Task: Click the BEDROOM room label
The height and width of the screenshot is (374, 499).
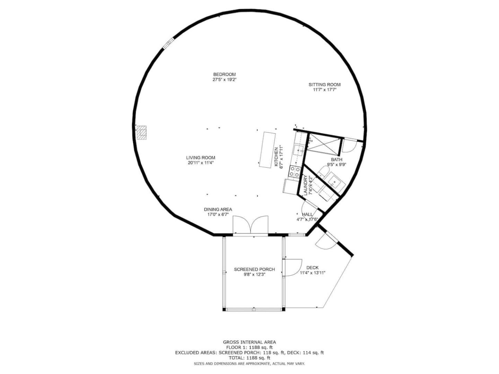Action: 225,74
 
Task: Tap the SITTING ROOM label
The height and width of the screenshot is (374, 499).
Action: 324,85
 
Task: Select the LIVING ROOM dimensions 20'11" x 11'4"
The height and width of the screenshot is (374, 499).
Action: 201,163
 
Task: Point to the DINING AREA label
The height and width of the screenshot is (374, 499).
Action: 218,210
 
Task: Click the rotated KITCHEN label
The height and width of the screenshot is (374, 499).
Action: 276,157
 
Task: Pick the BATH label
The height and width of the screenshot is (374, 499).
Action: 336,159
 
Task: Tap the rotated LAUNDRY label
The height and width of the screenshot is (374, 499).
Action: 305,185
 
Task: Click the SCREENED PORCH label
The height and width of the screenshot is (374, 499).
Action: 254,269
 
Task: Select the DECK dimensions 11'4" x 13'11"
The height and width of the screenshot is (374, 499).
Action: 313,273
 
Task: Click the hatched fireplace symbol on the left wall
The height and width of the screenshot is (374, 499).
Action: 142,132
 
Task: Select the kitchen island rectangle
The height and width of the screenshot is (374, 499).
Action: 267,150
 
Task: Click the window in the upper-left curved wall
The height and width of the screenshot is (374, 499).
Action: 168,43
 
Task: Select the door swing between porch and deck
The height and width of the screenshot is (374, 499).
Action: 292,267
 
